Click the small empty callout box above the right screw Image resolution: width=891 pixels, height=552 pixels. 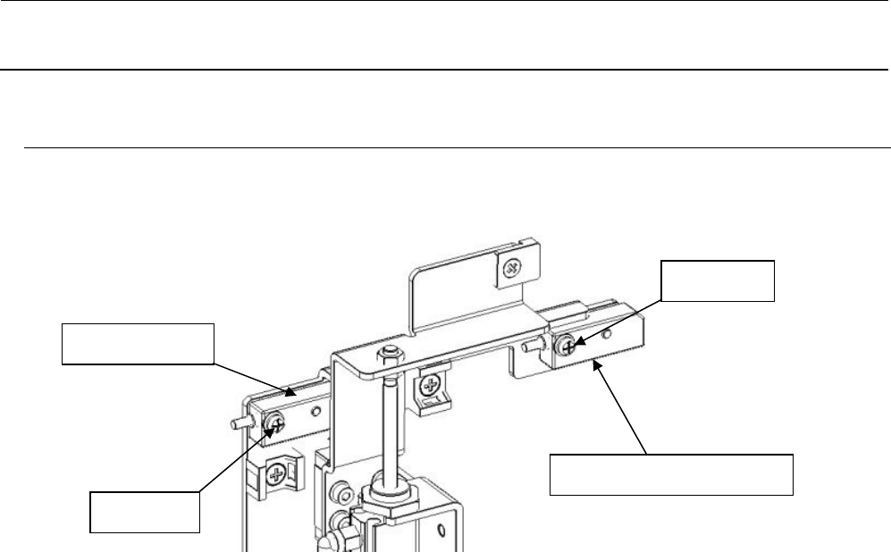point(716,281)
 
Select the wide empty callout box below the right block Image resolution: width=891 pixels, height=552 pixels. point(670,474)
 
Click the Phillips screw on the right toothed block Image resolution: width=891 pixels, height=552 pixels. point(565,342)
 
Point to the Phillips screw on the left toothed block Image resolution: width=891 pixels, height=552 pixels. point(275,418)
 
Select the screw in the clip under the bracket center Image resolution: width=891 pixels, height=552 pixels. point(433,388)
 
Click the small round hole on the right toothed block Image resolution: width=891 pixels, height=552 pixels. point(607,336)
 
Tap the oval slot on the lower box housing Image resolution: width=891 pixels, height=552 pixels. point(441,532)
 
